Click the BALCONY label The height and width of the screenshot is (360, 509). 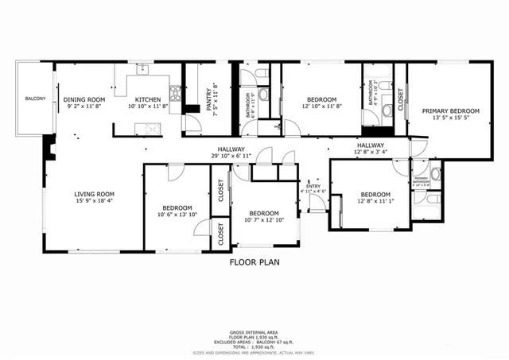(35, 99)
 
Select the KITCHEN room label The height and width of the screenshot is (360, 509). (149, 99)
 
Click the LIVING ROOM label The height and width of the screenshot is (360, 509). (95, 194)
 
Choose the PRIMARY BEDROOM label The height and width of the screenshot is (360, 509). (451, 111)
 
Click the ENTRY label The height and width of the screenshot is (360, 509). (312, 185)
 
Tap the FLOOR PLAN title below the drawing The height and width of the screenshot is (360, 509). (254, 261)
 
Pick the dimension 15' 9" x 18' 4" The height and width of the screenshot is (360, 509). (95, 202)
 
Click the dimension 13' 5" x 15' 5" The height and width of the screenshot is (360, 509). (451, 118)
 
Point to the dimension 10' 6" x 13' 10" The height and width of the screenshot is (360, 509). (176, 214)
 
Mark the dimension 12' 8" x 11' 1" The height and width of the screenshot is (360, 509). (375, 202)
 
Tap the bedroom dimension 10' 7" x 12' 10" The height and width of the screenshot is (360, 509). (263, 221)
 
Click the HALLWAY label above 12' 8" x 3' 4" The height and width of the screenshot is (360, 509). (371, 145)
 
